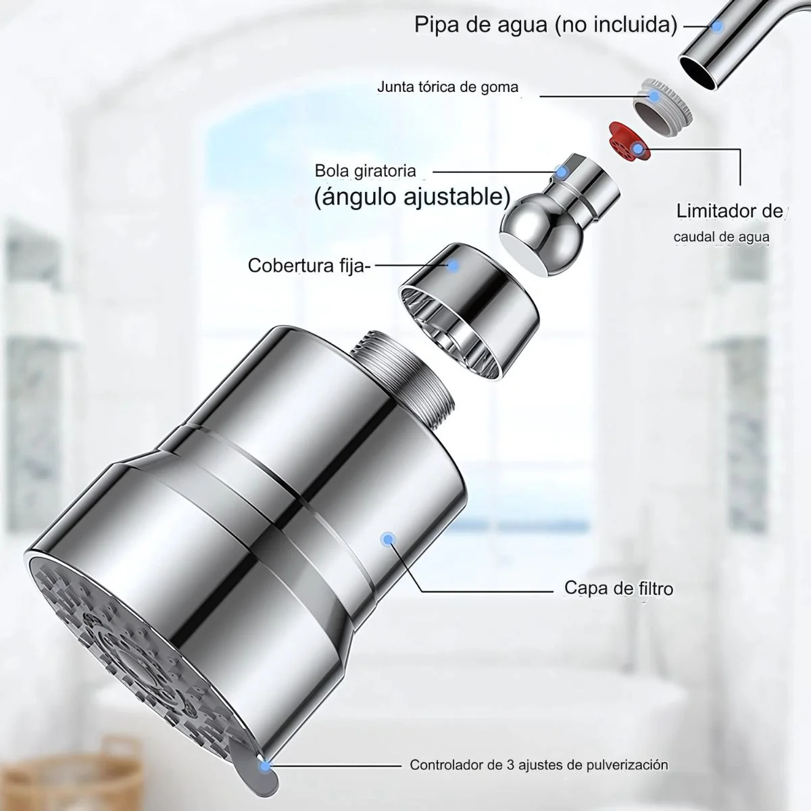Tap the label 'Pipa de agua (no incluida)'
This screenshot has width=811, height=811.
pos(546,25)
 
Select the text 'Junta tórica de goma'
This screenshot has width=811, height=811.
pos(447,87)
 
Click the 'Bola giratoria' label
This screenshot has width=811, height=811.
pos(366,171)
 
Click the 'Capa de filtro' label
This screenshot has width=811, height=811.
pos(618,588)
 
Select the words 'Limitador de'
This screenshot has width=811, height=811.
pos(730,212)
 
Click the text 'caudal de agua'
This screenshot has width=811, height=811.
pos(721,237)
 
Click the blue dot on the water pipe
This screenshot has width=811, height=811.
pos(717,26)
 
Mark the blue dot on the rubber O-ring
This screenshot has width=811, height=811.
pos(654,96)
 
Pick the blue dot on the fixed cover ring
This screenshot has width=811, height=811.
pos(453,265)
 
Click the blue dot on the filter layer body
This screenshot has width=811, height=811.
pos(387,539)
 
